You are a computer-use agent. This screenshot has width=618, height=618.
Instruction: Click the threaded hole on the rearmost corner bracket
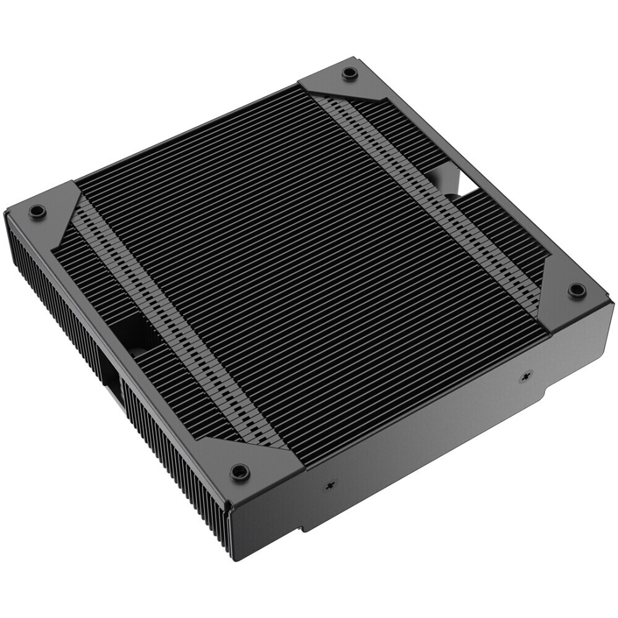(x=350, y=72)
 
